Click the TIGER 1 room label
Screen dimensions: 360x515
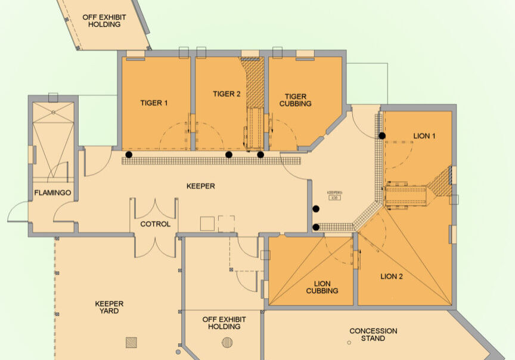coord(154,103)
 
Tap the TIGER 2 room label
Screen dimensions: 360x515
coord(227,94)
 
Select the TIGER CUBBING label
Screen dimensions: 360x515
coord(296,100)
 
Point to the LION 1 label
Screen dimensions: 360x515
coord(424,136)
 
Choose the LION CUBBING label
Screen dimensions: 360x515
coord(322,287)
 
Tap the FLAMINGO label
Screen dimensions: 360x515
coord(53,193)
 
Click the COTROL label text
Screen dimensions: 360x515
coord(156,225)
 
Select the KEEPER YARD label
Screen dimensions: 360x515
coord(110,307)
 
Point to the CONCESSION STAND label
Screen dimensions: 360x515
coord(373,334)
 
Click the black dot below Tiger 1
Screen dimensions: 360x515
coord(129,155)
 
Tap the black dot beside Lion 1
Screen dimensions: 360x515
coord(382,136)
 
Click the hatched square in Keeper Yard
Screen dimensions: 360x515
coord(131,342)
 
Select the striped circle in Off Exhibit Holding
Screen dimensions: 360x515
coord(227,342)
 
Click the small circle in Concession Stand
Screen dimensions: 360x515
coord(349,342)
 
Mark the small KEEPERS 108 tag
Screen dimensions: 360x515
coord(334,195)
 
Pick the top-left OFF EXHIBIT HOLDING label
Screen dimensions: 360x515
coord(104,21)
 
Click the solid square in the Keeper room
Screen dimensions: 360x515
coord(207,224)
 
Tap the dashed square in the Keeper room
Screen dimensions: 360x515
coord(227,224)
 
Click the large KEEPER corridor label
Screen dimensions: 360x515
coord(200,187)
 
